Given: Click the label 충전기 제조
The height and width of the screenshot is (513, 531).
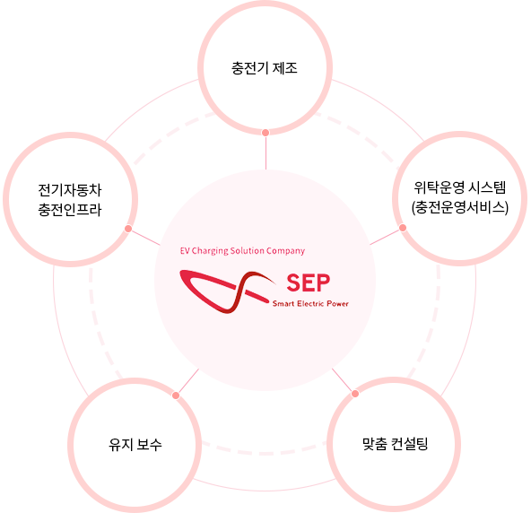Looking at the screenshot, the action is pyautogui.click(x=265, y=68).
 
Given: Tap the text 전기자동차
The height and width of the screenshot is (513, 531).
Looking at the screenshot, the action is pyautogui.click(x=70, y=189).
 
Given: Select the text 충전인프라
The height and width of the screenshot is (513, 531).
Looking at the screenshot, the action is pyautogui.click(x=70, y=210).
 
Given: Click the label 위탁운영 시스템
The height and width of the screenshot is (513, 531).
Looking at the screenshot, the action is pyautogui.click(x=460, y=187).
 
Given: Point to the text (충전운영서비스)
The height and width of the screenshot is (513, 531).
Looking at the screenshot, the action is pyautogui.click(x=460, y=207).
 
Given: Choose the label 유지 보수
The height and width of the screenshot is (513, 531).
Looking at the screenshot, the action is pyautogui.click(x=135, y=444).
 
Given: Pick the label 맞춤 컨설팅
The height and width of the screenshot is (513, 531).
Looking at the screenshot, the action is pyautogui.click(x=396, y=444).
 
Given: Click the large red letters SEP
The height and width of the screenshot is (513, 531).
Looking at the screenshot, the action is pyautogui.click(x=309, y=283).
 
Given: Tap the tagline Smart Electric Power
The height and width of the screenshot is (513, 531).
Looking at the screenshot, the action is pyautogui.click(x=310, y=303).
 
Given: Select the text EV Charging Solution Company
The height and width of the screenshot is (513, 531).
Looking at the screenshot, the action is pyautogui.click(x=242, y=251).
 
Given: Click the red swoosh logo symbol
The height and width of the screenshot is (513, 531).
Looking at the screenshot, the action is pyautogui.click(x=227, y=291).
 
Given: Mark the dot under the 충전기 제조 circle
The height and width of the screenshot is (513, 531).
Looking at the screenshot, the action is pyautogui.click(x=265, y=133).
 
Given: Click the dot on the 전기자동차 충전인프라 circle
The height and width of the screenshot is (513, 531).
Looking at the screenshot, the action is pyautogui.click(x=128, y=229).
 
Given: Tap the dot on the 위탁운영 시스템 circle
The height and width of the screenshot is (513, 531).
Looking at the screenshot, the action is pyautogui.click(x=403, y=228).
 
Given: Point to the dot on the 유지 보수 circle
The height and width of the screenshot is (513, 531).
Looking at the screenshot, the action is pyautogui.click(x=176, y=396).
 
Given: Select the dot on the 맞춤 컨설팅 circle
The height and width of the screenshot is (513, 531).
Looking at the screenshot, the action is pyautogui.click(x=355, y=394).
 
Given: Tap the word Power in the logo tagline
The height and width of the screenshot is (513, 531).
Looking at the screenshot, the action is pyautogui.click(x=337, y=303).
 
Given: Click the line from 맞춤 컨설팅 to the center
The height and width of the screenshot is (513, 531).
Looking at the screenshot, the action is pyautogui.click(x=343, y=379).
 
